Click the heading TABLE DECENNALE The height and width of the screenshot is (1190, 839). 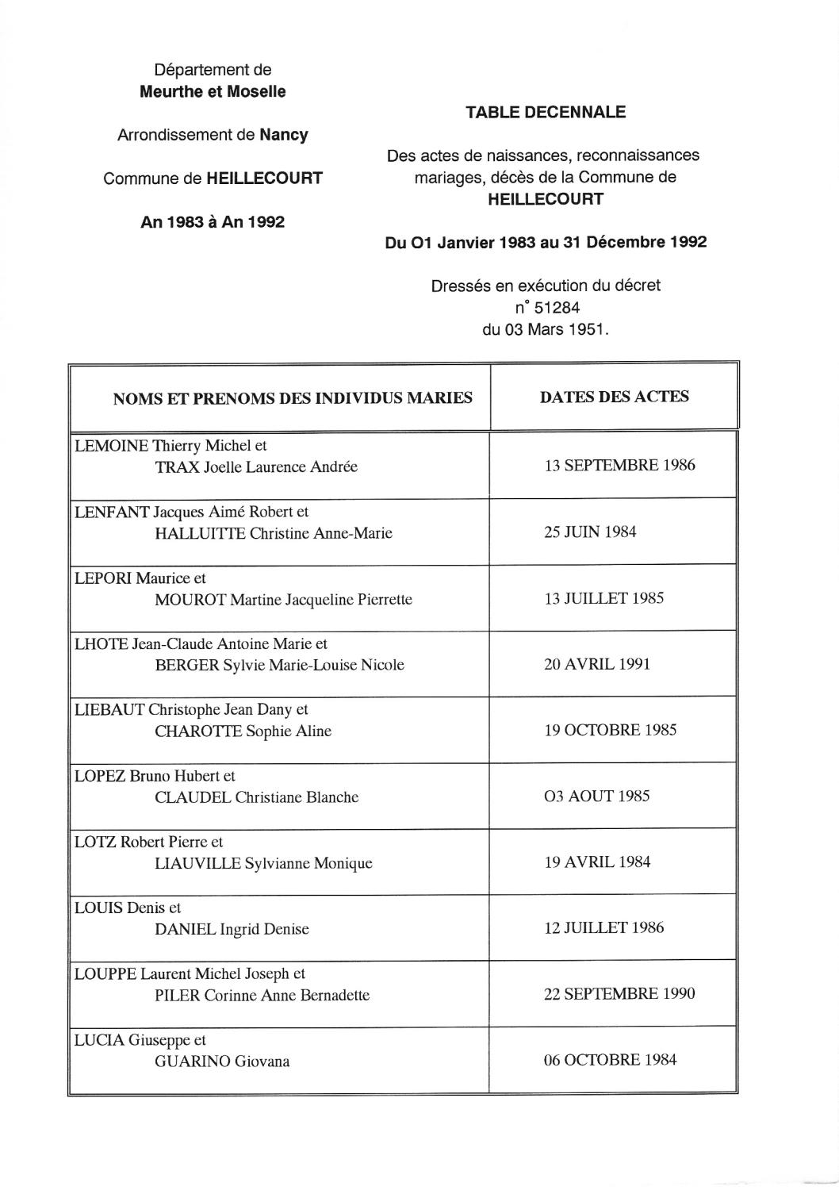[x=546, y=113]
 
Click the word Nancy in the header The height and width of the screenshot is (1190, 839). [x=284, y=135]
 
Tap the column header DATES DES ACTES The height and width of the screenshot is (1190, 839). [x=614, y=397]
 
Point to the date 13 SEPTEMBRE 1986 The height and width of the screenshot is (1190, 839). [x=619, y=465]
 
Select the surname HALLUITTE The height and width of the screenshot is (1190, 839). [x=200, y=533]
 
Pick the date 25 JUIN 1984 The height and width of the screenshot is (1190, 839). [x=589, y=532]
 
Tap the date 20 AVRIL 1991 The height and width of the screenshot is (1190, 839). [x=596, y=664]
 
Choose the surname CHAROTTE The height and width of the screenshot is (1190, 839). [x=198, y=731]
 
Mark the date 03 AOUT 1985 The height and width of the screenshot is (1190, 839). [x=596, y=796]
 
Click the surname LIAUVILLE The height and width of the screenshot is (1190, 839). [x=197, y=863]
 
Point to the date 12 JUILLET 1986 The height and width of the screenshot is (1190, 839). [x=603, y=927]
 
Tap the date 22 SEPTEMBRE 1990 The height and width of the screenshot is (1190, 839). [x=619, y=993]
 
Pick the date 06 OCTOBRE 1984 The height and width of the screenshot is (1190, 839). [x=610, y=1060]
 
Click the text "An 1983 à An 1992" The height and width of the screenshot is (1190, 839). [x=213, y=222]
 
